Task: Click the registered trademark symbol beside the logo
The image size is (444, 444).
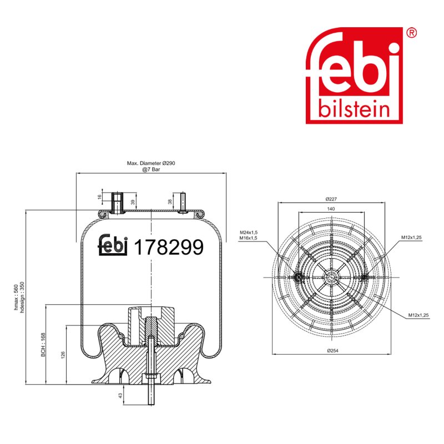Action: [411, 33]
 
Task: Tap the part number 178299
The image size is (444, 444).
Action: [169, 247]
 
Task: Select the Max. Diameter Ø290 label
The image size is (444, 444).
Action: [151, 163]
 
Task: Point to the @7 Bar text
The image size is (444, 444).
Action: [151, 169]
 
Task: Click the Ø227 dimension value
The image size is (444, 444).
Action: [331, 199]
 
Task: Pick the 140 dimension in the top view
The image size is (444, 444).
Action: [331, 209]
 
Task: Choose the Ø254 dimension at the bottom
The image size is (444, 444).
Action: [332, 351]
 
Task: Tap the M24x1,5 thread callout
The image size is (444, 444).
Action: [248, 233]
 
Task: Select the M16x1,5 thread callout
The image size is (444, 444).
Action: [248, 238]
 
